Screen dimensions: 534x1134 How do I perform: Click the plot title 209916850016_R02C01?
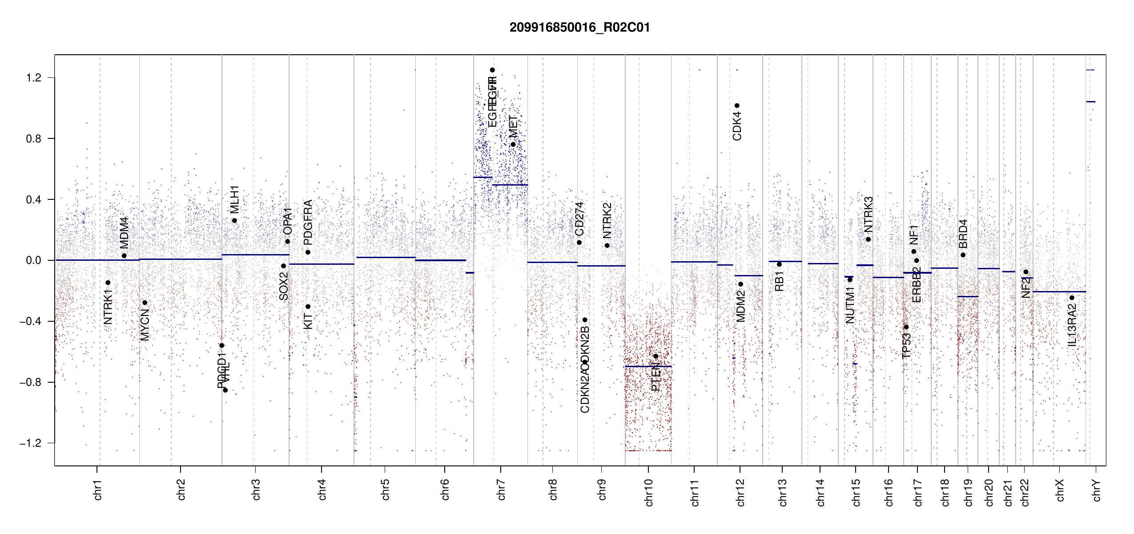point(579,28)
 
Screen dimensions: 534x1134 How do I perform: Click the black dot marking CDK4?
point(737,105)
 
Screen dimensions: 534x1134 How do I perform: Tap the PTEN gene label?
point(655,377)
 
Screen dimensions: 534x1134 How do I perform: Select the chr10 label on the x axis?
point(649,493)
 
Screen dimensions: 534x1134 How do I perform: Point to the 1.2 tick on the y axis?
point(33,78)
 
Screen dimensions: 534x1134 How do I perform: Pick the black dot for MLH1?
point(234,221)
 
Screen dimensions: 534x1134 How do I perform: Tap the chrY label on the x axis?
point(1097,490)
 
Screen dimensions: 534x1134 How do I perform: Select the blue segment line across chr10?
point(648,366)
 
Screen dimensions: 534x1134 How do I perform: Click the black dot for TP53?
point(906,327)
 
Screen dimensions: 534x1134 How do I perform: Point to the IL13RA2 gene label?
point(1072,325)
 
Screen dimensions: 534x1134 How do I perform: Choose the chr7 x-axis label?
point(501,490)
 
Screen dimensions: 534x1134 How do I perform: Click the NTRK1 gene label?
point(108,307)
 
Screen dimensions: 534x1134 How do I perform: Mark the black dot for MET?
point(513,144)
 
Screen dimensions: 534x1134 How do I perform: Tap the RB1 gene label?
point(779,281)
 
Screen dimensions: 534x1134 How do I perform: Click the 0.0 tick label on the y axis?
point(33,260)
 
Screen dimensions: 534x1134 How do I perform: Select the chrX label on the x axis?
point(1060,490)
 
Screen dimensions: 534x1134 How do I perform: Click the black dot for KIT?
point(308,307)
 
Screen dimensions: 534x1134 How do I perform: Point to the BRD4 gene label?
point(963,234)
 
